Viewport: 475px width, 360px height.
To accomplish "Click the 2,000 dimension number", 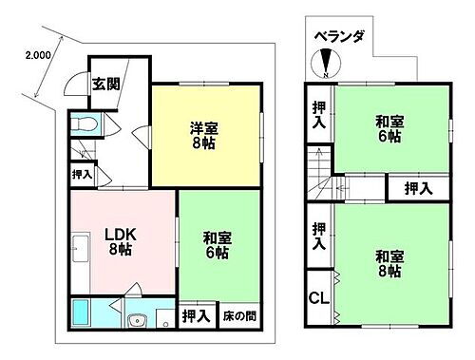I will tap(37, 54).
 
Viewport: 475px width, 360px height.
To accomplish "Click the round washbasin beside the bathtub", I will tap(140, 320).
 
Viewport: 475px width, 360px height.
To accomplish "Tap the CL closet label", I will tap(319, 296).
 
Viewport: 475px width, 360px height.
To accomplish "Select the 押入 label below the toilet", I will tap(82, 175).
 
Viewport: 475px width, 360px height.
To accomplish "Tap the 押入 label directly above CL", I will tap(317, 235).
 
